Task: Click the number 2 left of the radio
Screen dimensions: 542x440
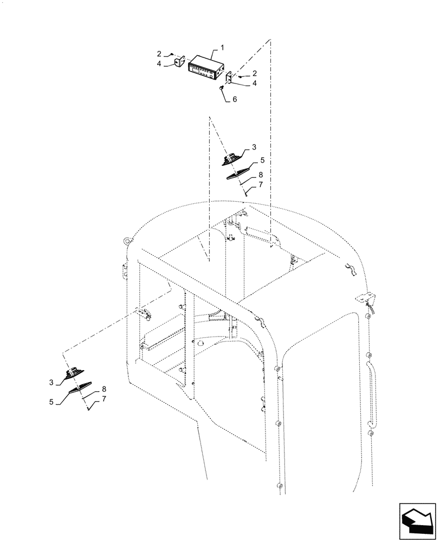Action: (159, 54)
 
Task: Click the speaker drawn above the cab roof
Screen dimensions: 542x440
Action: (234, 160)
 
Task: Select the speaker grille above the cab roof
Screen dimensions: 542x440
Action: (238, 172)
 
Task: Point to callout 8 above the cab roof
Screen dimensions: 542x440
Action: (260, 175)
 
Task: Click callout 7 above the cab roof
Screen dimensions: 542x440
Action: (260, 185)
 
